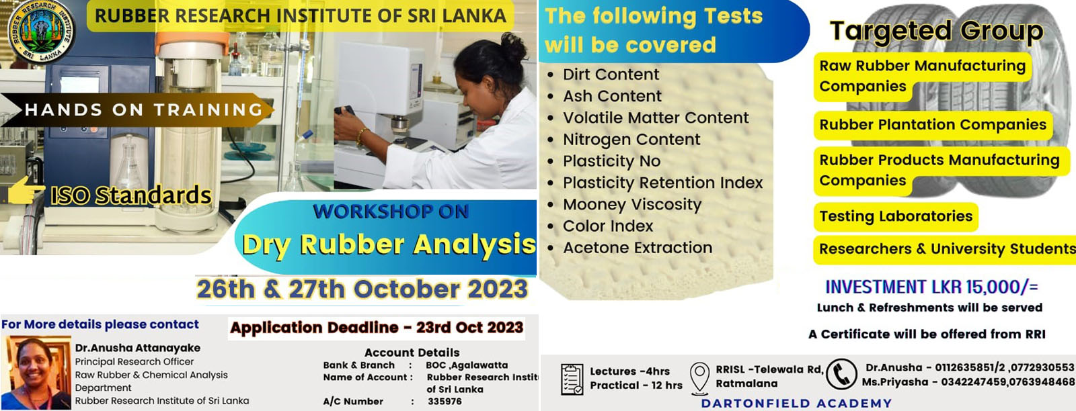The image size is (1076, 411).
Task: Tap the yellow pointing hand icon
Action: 26,191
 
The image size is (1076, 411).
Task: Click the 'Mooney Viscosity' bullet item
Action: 631,204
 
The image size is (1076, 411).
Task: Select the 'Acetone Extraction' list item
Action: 637,248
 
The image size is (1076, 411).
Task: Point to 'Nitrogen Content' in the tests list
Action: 631,140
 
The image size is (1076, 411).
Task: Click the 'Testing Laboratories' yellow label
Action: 895,216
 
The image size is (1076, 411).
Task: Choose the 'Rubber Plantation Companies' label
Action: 932,125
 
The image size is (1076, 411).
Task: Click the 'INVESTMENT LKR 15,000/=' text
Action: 931,287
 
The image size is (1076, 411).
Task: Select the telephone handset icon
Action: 841,374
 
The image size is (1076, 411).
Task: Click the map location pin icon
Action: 699,376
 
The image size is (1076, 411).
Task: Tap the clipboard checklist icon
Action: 572,379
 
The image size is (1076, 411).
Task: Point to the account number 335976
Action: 445,402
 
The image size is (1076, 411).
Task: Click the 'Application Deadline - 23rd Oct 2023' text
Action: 377,328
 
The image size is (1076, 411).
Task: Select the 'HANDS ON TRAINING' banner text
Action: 143,109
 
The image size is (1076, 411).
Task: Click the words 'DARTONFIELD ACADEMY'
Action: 796,404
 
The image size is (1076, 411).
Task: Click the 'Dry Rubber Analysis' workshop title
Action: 389,244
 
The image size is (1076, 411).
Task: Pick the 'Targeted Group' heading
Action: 936,30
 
